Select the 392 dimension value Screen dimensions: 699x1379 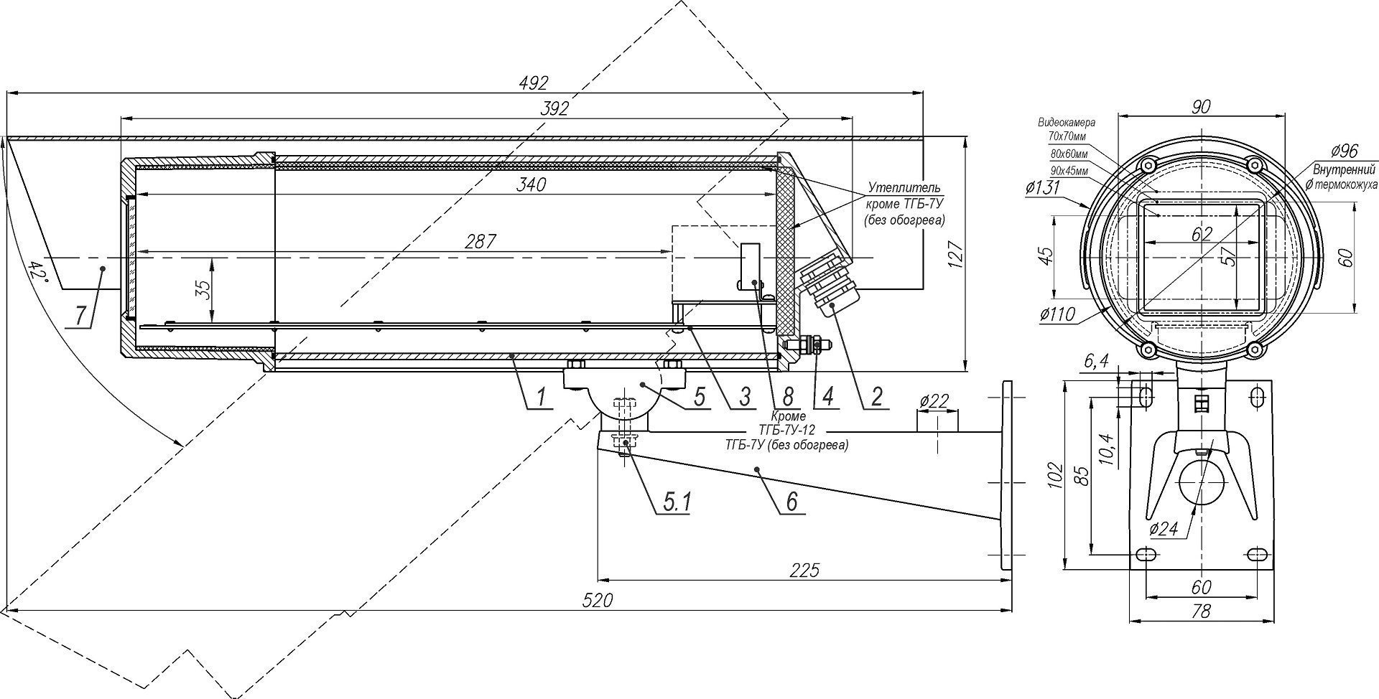pyautogui.click(x=554, y=108)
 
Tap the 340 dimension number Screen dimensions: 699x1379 pyautogui.click(x=531, y=184)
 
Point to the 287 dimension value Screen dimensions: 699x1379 pyautogui.click(x=480, y=242)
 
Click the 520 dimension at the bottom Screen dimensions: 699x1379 pyautogui.click(x=598, y=600)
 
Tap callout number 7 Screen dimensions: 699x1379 pyautogui.click(x=81, y=314)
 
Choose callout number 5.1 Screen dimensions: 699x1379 pyautogui.click(x=676, y=502)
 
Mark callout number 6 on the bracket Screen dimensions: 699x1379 pyautogui.click(x=791, y=501)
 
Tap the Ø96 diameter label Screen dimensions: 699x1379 pyautogui.click(x=1343, y=151)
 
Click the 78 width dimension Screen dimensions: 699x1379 pyautogui.click(x=1201, y=611)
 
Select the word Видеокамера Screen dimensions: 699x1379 pyautogui.click(x=1067, y=123)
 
